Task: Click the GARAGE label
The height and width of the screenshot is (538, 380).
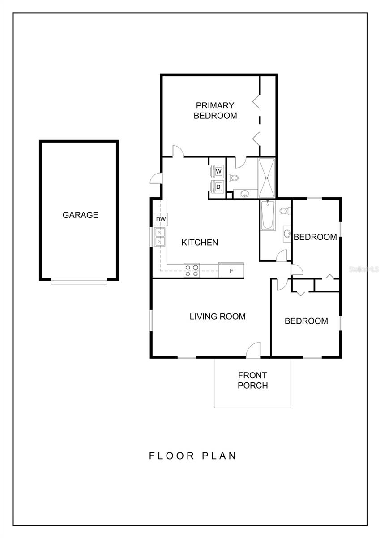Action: [x=80, y=215]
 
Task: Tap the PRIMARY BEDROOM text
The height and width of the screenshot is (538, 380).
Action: [x=215, y=110]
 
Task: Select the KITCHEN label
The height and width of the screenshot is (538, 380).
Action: [x=200, y=243]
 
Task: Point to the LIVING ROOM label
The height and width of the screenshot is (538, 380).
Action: [x=218, y=317]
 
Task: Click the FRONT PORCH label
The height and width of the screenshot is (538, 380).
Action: [x=252, y=380]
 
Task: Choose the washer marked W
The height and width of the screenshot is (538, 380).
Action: [x=218, y=171]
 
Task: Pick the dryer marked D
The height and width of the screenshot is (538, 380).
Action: [x=218, y=187]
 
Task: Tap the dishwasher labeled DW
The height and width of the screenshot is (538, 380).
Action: [x=161, y=219]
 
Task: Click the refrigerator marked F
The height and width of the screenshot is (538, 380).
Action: [x=231, y=270]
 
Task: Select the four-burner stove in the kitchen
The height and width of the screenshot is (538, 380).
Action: [x=192, y=270]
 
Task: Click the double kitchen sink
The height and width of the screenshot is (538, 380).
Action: [x=160, y=237]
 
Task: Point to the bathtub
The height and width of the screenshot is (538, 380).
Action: [x=268, y=215]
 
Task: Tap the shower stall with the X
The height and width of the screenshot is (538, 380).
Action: [x=266, y=178]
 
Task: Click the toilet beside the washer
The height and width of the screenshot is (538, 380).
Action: [x=233, y=178]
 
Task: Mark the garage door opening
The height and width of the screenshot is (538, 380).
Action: [x=79, y=281]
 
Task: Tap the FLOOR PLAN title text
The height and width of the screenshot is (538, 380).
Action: [x=192, y=456]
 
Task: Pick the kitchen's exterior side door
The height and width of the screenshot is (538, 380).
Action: [x=156, y=178]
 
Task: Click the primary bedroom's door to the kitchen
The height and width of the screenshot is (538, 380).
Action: [x=178, y=152]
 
